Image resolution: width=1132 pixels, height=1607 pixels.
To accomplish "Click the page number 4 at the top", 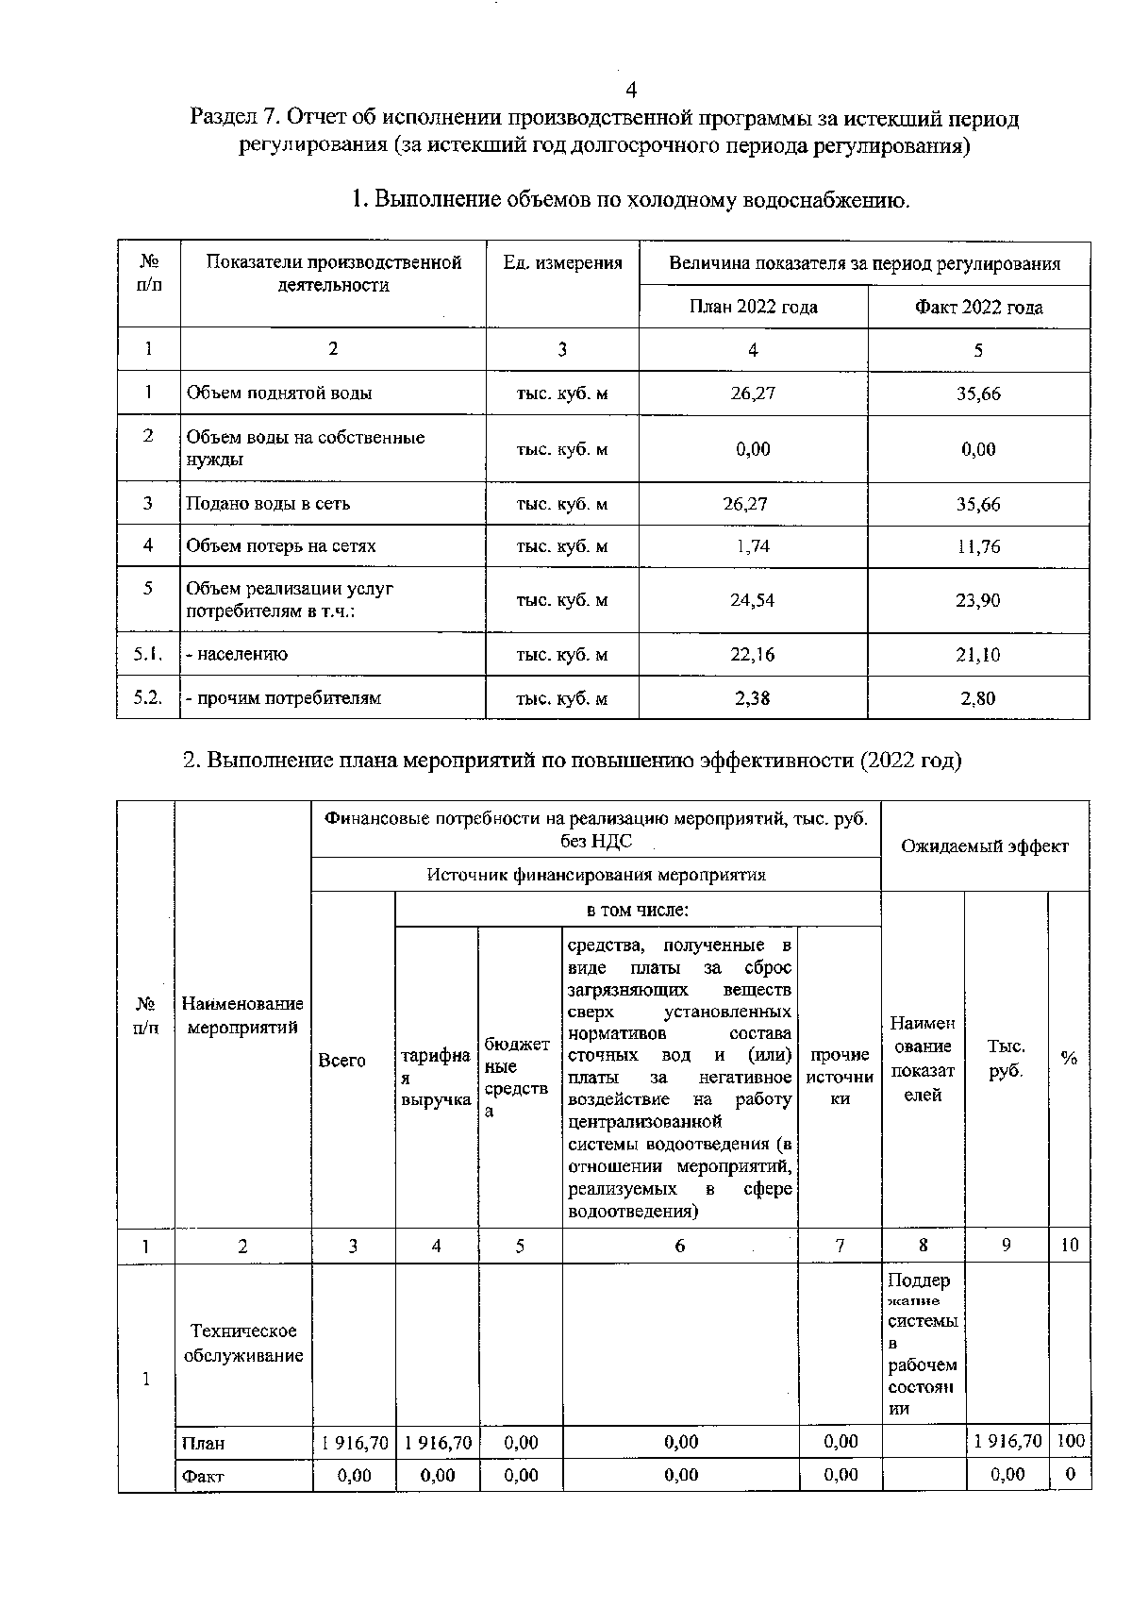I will [631, 90].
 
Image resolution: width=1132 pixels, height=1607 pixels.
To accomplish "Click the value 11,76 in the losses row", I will [978, 546].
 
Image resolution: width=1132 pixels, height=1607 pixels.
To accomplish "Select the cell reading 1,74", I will [753, 546].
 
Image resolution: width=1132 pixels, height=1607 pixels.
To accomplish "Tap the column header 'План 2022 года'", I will [753, 307].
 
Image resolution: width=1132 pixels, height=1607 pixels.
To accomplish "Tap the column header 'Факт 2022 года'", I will [978, 307].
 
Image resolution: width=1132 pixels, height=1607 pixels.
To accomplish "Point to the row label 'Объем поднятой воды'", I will [278, 393].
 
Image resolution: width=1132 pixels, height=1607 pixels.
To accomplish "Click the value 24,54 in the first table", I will [753, 600].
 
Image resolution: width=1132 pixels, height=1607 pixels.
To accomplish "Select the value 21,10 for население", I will [978, 655].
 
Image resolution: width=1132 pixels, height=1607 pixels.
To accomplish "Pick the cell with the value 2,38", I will [753, 698].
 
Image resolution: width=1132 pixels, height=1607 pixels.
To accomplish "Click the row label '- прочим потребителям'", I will [283, 698].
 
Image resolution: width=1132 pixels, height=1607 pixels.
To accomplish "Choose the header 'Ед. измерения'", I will [562, 263].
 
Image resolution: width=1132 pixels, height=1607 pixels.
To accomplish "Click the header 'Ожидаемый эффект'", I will [984, 846].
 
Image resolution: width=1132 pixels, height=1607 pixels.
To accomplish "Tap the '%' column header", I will [1069, 1059].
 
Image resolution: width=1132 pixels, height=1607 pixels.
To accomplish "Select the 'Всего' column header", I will [341, 1061].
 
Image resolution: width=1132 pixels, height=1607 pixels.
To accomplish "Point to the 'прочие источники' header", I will [840, 1077].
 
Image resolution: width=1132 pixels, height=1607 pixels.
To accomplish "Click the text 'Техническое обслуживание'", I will [242, 1344].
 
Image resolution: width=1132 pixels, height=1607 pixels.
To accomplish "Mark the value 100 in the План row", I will [1071, 1441].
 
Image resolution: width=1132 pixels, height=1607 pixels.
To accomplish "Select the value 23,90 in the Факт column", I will [978, 600].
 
